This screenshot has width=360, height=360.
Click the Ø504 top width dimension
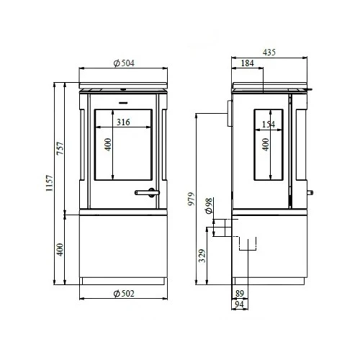click(124, 63)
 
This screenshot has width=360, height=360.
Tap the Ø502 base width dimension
click(124, 294)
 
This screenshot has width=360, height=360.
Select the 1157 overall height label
click(49, 183)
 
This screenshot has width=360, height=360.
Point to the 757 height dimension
click(60, 148)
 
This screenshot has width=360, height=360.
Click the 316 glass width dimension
click(123, 122)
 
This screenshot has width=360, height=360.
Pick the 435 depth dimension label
click(269, 53)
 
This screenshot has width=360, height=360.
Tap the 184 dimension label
click(247, 63)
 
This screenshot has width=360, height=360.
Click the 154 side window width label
click(269, 125)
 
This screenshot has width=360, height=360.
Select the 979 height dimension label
click(192, 199)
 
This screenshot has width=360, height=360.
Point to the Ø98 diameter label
click(209, 205)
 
